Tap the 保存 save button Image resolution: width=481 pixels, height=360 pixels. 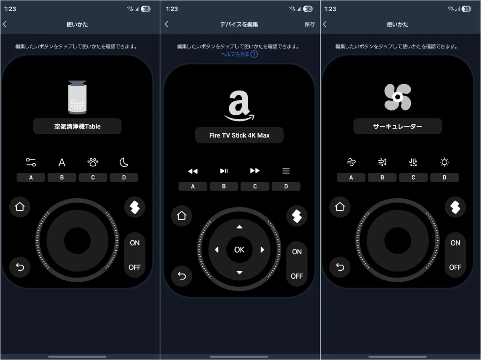click(x=309, y=24)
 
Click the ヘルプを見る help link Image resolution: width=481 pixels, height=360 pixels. click(x=239, y=54)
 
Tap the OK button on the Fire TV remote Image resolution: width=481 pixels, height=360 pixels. click(x=239, y=250)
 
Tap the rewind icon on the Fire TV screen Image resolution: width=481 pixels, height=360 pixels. click(x=193, y=171)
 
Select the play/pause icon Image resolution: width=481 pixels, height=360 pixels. click(x=224, y=171)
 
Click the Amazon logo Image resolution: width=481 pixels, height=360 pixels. click(x=239, y=106)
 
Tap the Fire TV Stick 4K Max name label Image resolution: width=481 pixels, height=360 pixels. click(x=239, y=135)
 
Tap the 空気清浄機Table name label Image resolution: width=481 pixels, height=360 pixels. click(x=77, y=126)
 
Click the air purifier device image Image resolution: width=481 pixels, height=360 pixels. click(x=77, y=97)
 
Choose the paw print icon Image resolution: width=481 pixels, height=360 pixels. click(x=93, y=162)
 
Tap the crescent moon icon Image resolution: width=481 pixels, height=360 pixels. click(x=124, y=162)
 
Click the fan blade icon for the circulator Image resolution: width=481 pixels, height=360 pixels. click(x=398, y=97)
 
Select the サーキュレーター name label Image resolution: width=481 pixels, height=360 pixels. click(x=398, y=126)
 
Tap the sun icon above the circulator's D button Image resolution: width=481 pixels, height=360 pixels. click(x=444, y=162)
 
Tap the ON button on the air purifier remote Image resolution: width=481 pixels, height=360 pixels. click(x=135, y=243)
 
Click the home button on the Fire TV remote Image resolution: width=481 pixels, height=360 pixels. click(x=182, y=216)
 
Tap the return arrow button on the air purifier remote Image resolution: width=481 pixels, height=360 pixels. click(x=20, y=267)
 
